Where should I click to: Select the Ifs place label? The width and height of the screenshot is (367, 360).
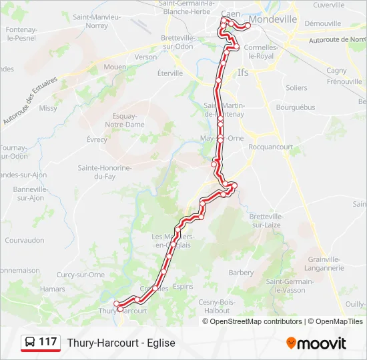(243, 73)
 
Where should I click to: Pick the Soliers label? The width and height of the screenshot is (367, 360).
(296, 88)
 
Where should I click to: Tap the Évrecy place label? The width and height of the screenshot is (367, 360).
(97, 139)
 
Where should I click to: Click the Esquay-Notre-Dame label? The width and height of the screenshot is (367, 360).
(125, 120)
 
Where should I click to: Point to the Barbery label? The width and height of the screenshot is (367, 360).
(241, 273)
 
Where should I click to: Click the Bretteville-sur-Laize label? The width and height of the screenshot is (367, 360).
(266, 221)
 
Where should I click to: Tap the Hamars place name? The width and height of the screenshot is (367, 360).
(52, 289)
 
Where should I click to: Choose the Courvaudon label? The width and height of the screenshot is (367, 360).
(24, 240)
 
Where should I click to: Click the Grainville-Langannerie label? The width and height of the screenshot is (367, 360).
(325, 263)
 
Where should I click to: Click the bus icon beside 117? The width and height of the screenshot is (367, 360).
(30, 343)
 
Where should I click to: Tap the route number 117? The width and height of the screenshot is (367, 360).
(47, 342)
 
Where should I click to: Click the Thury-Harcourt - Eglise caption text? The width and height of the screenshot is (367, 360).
(121, 343)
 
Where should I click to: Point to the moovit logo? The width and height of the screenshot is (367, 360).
(316, 343)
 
